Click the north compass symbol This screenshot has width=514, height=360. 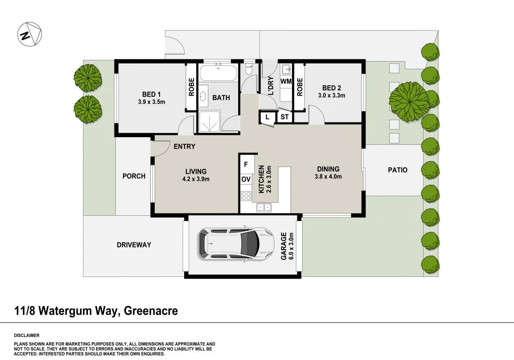[29, 34]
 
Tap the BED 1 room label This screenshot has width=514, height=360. [151, 95]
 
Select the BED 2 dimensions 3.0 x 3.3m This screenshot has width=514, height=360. [331, 96]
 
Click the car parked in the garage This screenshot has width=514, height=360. [236, 244]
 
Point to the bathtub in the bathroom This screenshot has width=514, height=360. [218, 73]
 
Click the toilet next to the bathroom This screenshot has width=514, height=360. [249, 68]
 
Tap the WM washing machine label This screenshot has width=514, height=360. [286, 81]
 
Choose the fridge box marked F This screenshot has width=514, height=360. [247, 164]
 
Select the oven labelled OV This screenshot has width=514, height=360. [246, 179]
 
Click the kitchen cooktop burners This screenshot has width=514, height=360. [246, 196]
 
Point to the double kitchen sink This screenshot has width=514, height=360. [264, 207]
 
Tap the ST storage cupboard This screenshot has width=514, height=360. [285, 117]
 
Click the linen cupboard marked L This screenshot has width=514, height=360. [267, 117]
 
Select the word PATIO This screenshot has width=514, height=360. [398, 170]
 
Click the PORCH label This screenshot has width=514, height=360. [134, 176]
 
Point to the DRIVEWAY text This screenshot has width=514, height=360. [134, 245]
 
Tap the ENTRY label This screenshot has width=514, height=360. [185, 147]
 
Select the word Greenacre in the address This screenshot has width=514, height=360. [151, 310]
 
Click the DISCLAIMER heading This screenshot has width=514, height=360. [26, 335]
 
